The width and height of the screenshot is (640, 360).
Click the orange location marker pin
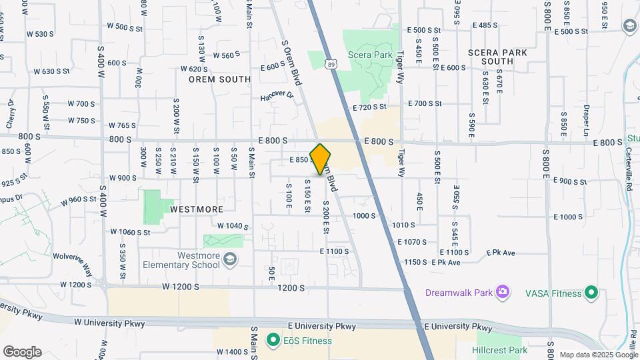pyautogui.click(x=321, y=159)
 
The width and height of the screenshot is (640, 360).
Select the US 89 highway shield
pyautogui.click(x=331, y=63)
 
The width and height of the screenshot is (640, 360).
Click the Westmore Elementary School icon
pyautogui.click(x=230, y=259)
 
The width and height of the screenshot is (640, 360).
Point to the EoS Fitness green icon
pyautogui.click(x=273, y=341)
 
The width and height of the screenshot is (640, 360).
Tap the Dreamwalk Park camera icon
pyautogui.click(x=503, y=292)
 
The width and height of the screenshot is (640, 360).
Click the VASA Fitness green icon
pyautogui.click(x=591, y=292)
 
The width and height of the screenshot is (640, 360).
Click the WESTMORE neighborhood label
pyautogui.click(x=197, y=209)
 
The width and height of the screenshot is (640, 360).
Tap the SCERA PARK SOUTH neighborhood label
pyautogui.click(x=498, y=57)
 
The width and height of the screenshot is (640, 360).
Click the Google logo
pyautogui.click(x=21, y=351)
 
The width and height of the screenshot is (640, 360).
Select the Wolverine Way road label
pyautogui.click(x=73, y=263)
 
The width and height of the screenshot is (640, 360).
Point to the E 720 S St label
pyautogui.click(x=369, y=107)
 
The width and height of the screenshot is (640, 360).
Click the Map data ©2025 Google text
pyautogui.click(x=599, y=355)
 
